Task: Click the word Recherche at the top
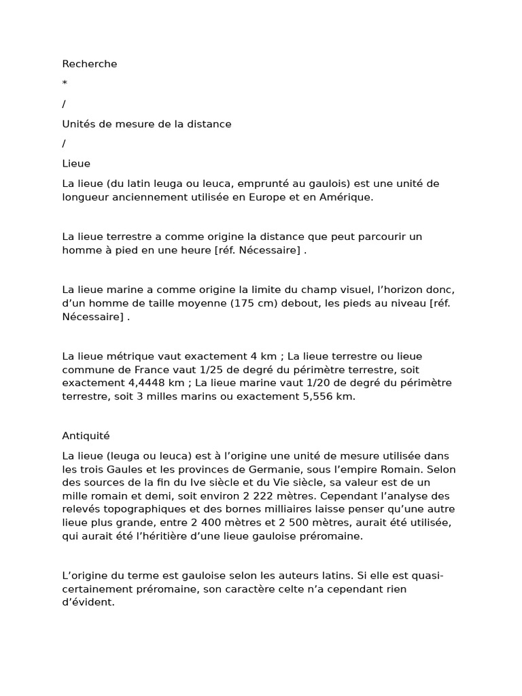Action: pos(90,64)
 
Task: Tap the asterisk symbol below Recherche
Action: pos(65,84)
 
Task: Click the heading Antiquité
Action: pos(86,436)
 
